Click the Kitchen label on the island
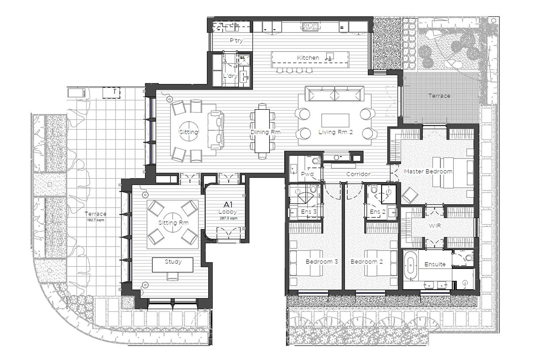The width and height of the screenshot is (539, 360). (x=308, y=58)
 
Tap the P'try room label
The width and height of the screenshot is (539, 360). (x=236, y=40)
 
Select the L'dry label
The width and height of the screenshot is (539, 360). (x=230, y=76)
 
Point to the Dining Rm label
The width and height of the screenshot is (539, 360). (x=265, y=132)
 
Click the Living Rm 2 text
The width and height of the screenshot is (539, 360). (x=336, y=132)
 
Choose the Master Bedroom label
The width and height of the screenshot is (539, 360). (x=428, y=172)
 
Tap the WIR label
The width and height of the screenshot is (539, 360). (x=435, y=226)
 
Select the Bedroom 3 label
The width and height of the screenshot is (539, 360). (x=322, y=262)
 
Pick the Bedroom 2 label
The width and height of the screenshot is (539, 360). (x=367, y=262)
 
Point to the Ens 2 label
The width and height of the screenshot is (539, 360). (x=378, y=212)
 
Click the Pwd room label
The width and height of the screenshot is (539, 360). (x=307, y=174)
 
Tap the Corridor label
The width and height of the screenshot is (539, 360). (x=358, y=174)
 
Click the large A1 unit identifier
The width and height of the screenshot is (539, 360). (x=228, y=205)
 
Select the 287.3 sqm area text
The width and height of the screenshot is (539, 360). (x=228, y=218)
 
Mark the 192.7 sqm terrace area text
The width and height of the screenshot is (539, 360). (x=96, y=220)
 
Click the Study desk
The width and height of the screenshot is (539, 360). (x=172, y=265)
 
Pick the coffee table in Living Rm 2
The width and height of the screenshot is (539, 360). (x=335, y=120)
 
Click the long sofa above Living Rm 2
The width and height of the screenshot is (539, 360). (x=335, y=94)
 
